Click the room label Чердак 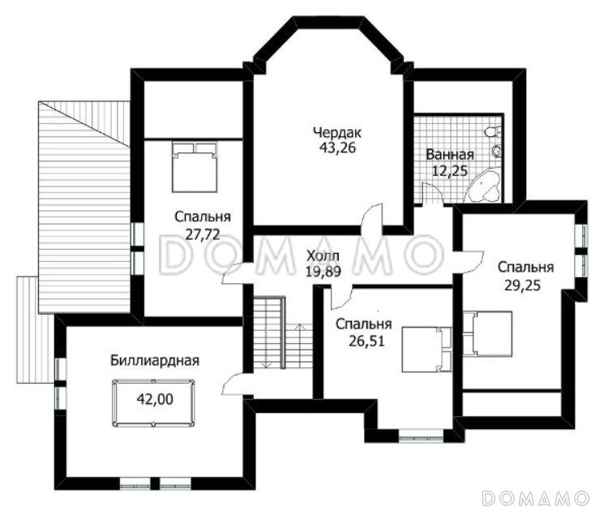coord(337,133)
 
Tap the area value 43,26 coord(337,148)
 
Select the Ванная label coord(449,155)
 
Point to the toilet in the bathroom coord(494,132)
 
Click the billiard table coord(153,403)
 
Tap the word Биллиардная coord(155,361)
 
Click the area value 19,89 coord(323,272)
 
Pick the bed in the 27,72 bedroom coord(195,167)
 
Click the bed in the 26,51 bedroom coord(426,349)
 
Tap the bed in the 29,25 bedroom coord(487,333)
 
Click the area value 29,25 coord(523,286)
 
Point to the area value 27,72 coord(203,234)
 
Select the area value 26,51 coord(366,341)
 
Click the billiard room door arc coord(233,384)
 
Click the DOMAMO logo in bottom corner coord(536,498)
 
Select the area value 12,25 coord(449,170)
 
